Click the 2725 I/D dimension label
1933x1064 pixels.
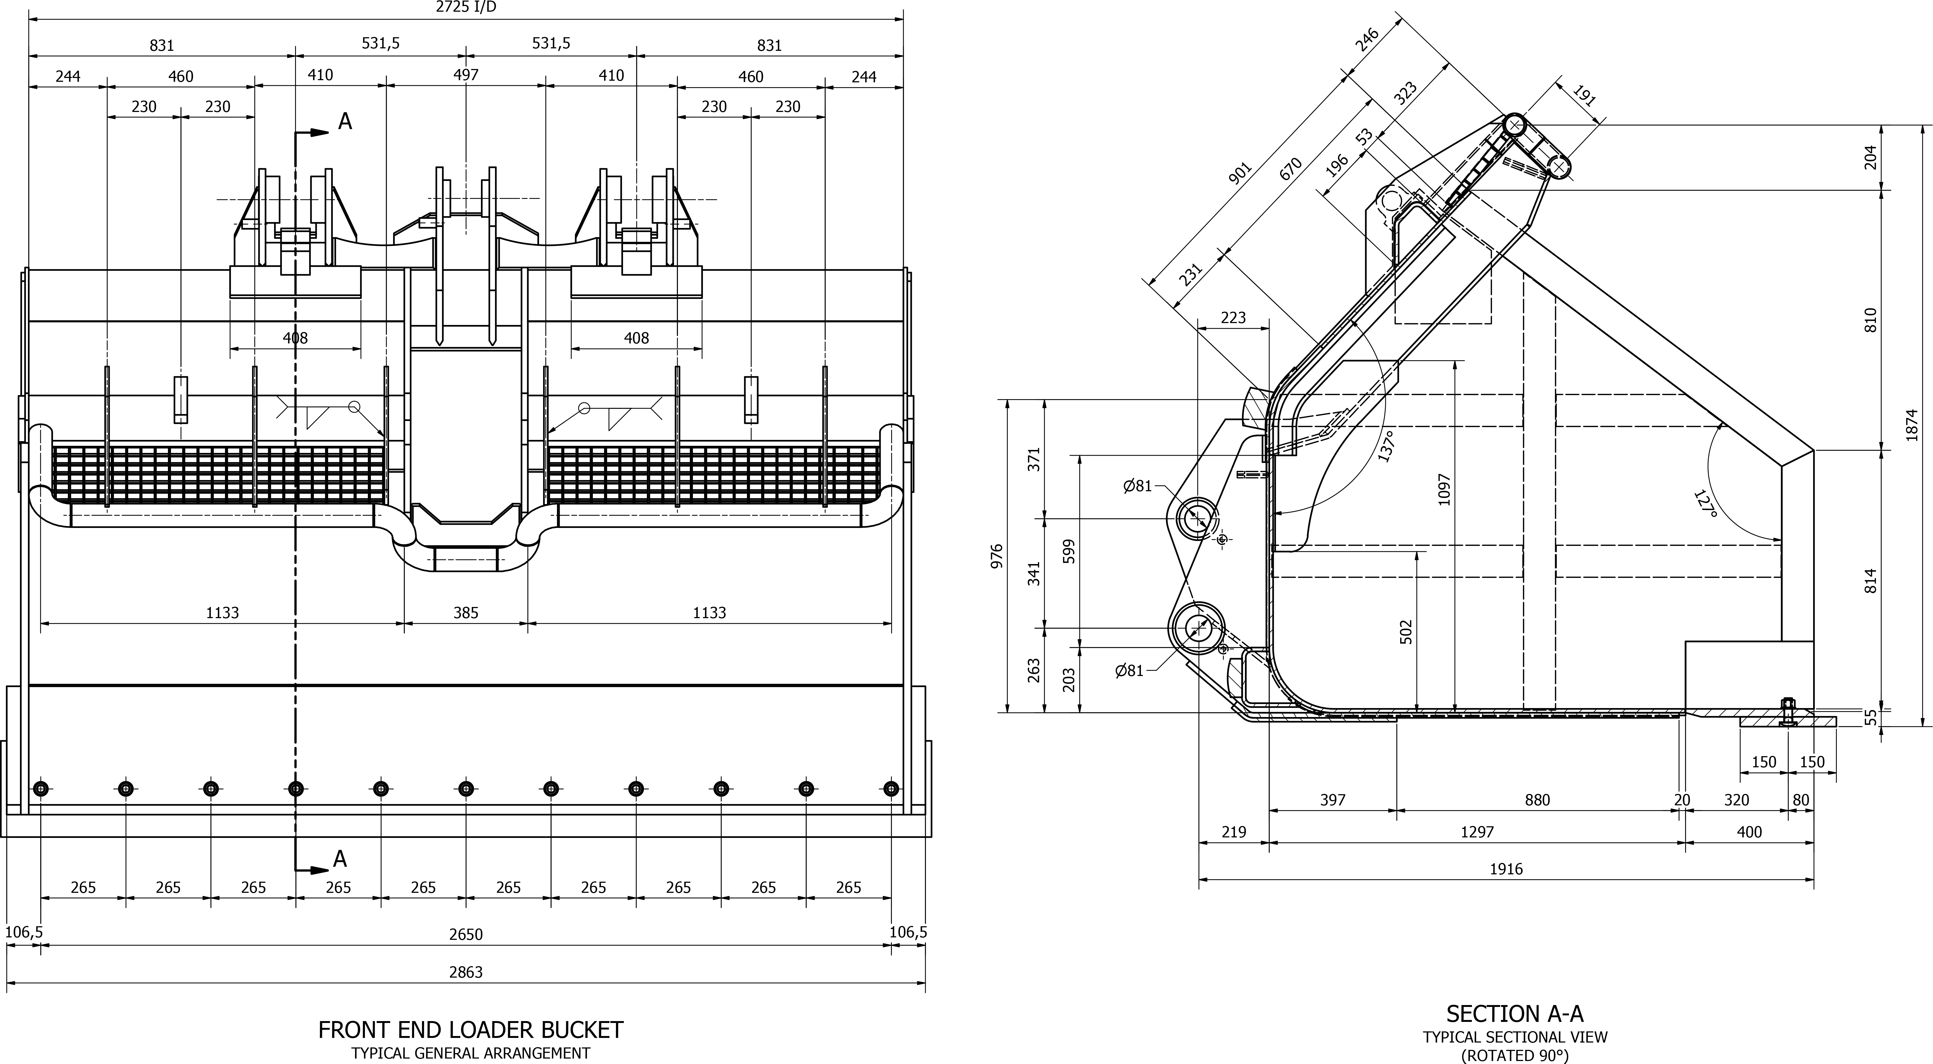click(x=466, y=7)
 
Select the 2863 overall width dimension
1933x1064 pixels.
click(x=466, y=972)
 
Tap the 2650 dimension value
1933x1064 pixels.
click(x=466, y=934)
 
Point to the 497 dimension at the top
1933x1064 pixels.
click(x=466, y=74)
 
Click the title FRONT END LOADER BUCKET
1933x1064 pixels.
click(x=471, y=1029)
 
